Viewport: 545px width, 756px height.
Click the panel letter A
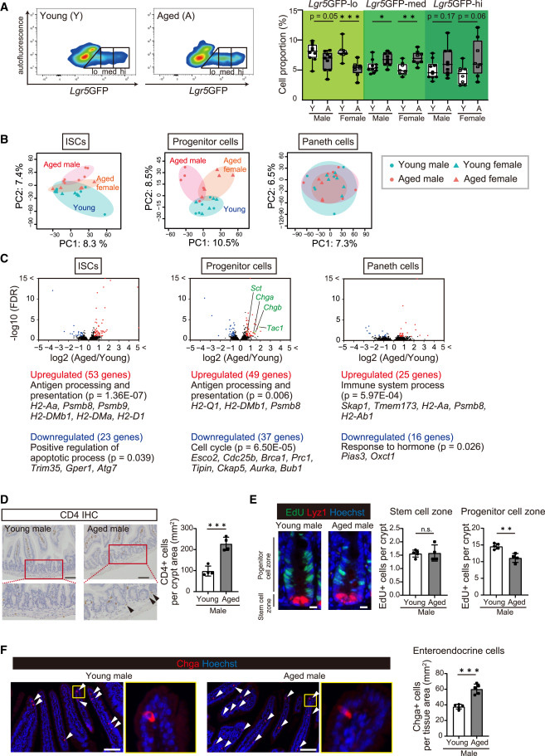[x=7, y=6]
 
